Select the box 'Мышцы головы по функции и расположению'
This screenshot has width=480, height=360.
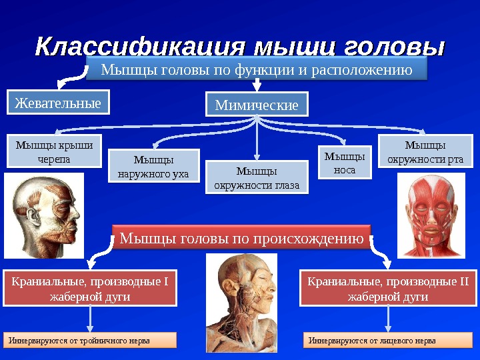tap(256, 69)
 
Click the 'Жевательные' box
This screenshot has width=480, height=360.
tap(58, 103)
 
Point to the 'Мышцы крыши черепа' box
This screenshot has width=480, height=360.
tap(54, 151)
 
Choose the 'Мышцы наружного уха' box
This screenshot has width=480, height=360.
tap(153, 167)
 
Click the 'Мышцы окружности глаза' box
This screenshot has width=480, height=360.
tap(257, 177)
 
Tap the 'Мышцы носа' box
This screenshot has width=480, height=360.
tap(345, 163)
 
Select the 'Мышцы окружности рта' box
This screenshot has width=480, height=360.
tap(425, 151)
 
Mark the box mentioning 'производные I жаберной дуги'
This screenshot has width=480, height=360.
tap(90, 289)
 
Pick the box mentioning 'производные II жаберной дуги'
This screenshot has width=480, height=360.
tap(387, 289)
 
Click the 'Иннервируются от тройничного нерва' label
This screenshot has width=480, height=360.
tap(90, 341)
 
